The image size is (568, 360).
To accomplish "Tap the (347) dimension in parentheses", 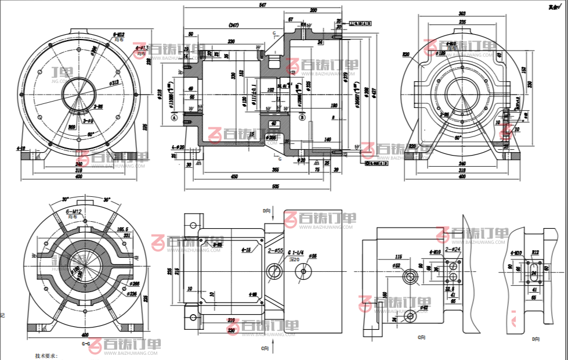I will click(234, 26).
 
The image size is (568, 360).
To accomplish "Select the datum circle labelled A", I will click(174, 117).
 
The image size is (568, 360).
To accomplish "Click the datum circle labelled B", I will click(302, 117).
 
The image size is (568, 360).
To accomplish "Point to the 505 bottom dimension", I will click(276, 186).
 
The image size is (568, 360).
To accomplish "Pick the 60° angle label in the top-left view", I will click(91, 134).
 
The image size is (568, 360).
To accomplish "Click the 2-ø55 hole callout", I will click(275, 251).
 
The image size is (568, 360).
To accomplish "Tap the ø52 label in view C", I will click(396, 265).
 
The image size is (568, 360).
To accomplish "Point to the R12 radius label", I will click(535, 253).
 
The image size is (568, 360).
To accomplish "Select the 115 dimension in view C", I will click(398, 256).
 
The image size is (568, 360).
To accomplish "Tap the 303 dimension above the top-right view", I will click(462, 13).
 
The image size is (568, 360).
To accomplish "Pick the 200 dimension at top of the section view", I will click(313, 10).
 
